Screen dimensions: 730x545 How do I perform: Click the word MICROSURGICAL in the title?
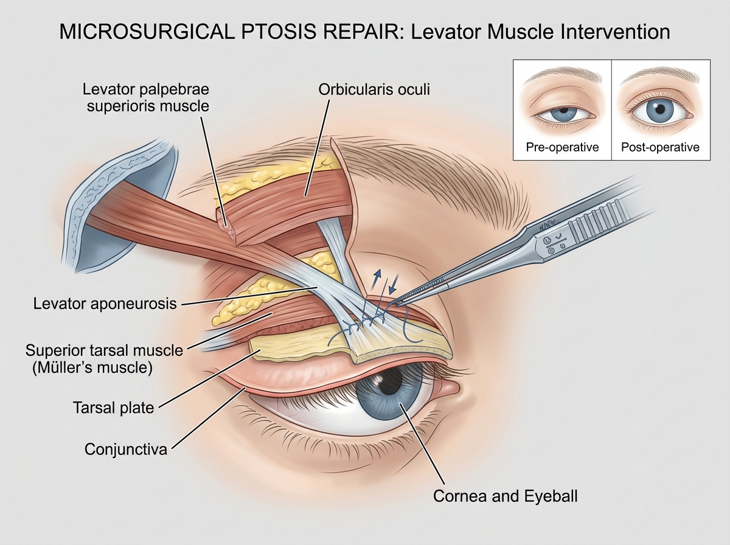click(x=147, y=32)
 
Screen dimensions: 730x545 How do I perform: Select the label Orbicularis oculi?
click(x=374, y=89)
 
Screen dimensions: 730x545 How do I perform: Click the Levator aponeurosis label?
click(x=105, y=304)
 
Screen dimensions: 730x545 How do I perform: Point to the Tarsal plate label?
click(x=113, y=408)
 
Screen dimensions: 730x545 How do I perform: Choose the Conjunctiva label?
click(x=126, y=450)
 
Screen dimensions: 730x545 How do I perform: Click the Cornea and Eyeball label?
click(x=505, y=496)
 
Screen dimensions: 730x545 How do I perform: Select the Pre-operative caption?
click(x=562, y=147)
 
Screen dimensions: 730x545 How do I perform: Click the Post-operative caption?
click(x=660, y=147)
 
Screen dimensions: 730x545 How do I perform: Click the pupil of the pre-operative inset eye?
click(x=564, y=110)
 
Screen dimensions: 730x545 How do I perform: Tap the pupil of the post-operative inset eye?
click(x=660, y=109)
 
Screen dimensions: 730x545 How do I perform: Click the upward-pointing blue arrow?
click(x=376, y=279)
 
